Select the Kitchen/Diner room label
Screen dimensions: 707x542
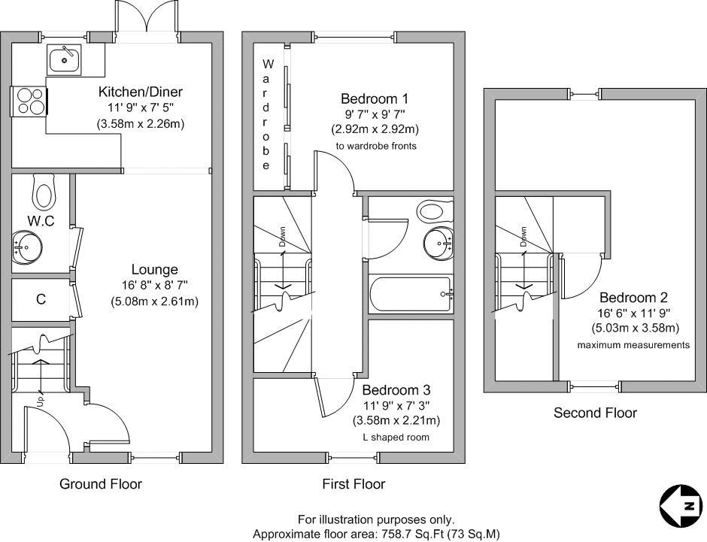(141, 92)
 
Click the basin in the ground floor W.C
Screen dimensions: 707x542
(29, 246)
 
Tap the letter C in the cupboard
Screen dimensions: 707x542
(41, 299)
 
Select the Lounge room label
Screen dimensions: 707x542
(155, 269)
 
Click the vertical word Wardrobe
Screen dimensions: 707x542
(267, 114)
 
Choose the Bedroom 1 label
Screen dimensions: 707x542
(375, 98)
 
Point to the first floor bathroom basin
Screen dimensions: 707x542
(438, 241)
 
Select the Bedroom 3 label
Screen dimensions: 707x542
(396, 390)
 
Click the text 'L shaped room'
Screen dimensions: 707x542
(396, 436)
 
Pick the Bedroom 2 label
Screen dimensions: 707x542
(633, 298)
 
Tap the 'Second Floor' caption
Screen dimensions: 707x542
(595, 413)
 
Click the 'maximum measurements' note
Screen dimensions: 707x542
(633, 345)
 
